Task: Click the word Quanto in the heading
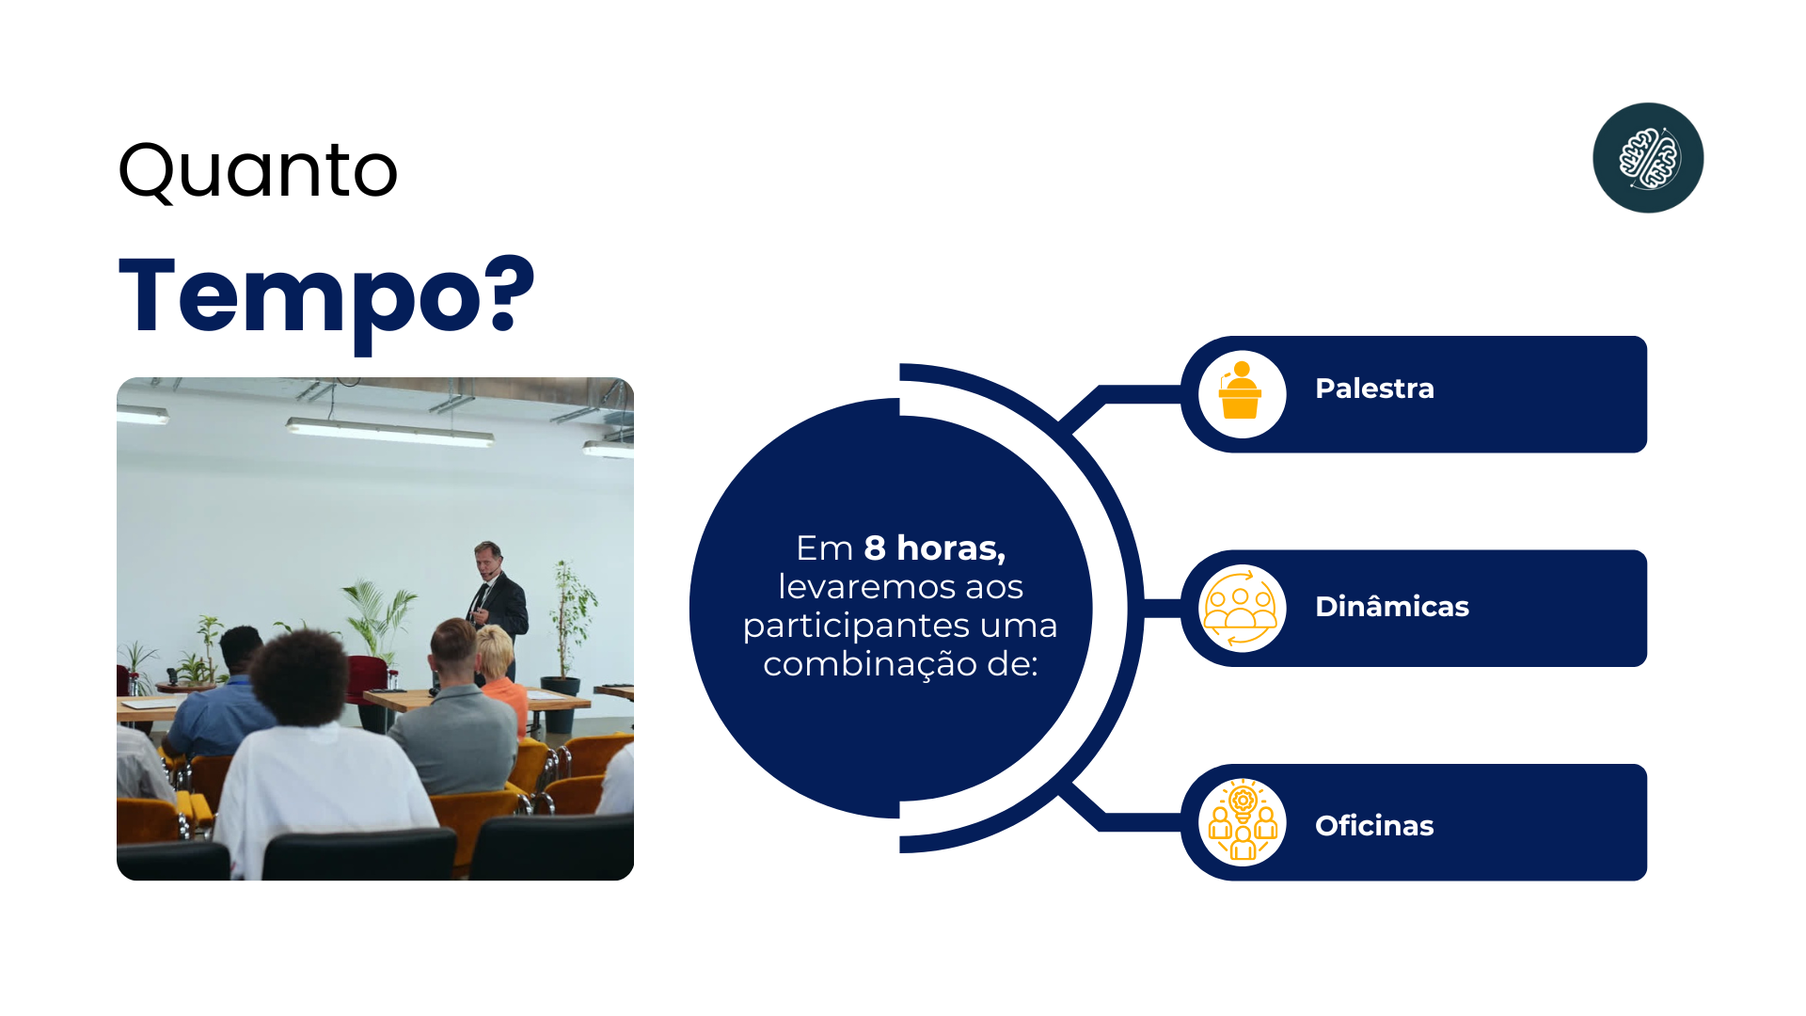click(x=258, y=171)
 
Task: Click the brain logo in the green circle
click(x=1648, y=158)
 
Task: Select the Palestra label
click(x=1374, y=389)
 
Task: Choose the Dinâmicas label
click(x=1392, y=607)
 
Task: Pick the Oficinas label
click(x=1374, y=826)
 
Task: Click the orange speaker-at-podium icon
click(x=1241, y=391)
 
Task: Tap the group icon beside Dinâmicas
click(x=1242, y=608)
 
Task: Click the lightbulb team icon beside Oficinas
click(x=1243, y=821)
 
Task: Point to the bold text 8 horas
click(x=935, y=548)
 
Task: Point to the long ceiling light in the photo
click(x=389, y=433)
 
